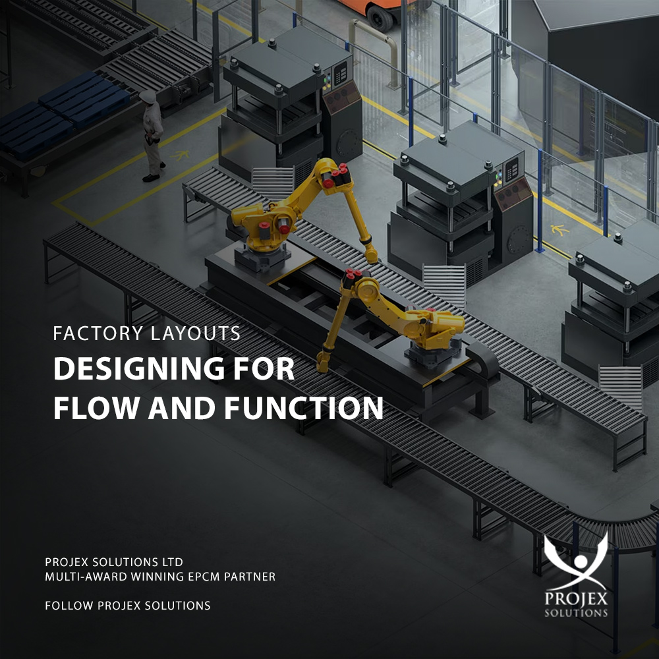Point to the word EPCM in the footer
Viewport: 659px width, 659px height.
[196, 577]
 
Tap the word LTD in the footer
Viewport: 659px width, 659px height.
[171, 563]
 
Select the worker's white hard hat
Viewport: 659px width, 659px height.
[148, 96]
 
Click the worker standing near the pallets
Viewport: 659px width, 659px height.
[152, 135]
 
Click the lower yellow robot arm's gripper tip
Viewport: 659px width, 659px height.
[323, 361]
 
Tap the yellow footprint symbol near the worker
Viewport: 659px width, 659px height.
[179, 156]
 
